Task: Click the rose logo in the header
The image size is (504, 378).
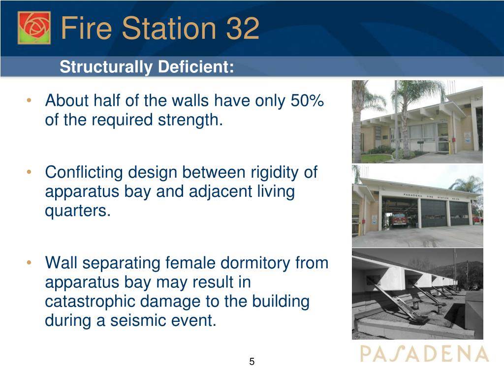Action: tap(34, 28)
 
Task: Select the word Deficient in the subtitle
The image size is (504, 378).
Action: tap(196, 67)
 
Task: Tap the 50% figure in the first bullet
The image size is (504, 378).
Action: tap(307, 100)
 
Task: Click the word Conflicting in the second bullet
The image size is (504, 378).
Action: tap(84, 173)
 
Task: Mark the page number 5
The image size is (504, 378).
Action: tap(252, 362)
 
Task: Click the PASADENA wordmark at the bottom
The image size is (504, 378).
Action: tap(424, 354)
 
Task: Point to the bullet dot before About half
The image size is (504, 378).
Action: tap(29, 100)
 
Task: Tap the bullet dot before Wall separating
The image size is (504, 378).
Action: tap(29, 263)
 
